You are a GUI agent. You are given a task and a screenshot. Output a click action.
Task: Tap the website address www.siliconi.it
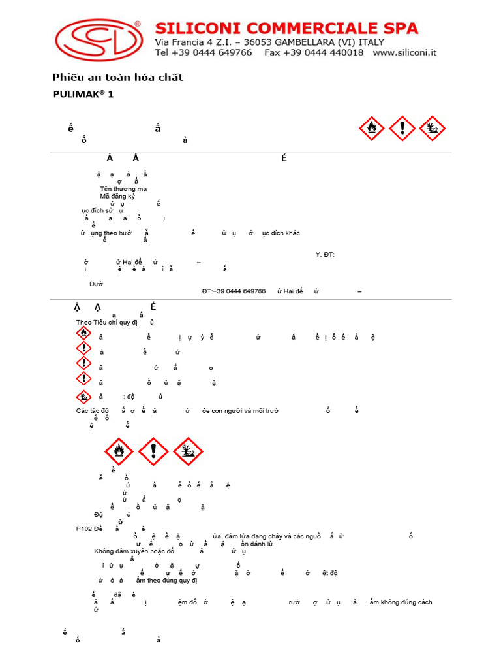(x=405, y=52)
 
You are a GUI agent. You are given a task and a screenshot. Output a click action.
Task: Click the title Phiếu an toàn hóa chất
(x=117, y=78)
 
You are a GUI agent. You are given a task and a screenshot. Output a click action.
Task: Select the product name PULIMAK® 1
(x=83, y=94)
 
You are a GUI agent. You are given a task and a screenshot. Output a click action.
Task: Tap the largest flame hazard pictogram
(x=119, y=451)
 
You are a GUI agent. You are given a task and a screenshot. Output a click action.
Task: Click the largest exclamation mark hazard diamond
(x=154, y=451)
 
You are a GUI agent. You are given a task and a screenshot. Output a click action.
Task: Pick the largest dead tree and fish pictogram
(x=188, y=451)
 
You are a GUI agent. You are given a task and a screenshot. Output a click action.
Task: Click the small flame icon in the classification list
(x=83, y=333)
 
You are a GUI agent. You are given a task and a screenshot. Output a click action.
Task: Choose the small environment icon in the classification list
(x=83, y=396)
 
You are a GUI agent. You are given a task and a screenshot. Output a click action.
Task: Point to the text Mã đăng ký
(x=117, y=196)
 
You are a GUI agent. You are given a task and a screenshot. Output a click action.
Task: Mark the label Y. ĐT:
(x=325, y=254)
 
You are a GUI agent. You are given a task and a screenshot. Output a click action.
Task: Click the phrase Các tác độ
(x=93, y=410)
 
